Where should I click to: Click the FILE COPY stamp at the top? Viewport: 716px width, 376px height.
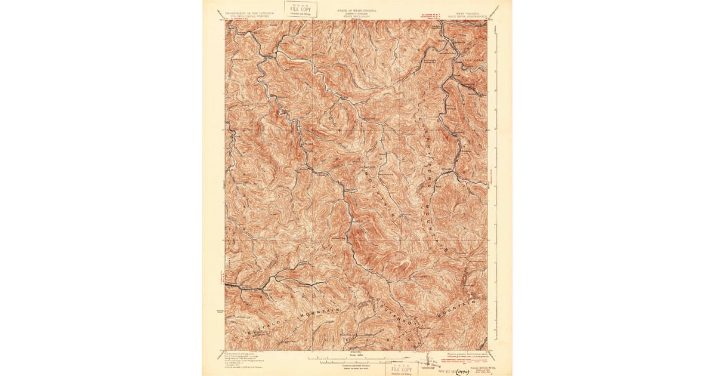tap(301, 10)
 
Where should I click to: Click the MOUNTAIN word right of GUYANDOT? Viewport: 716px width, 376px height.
tap(456, 309)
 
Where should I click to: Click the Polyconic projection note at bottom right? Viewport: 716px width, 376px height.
tap(468, 354)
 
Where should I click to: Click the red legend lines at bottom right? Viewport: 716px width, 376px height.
tap(467, 362)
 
